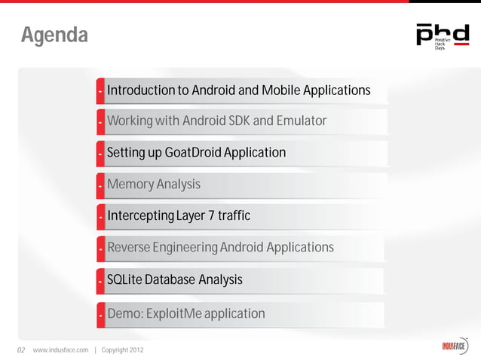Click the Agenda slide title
[x=54, y=35]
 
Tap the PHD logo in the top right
[x=442, y=35]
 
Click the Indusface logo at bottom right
[x=455, y=348]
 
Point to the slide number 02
[x=21, y=350]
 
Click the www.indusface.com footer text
[x=60, y=350]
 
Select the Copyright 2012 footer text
[x=122, y=350]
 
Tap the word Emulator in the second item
[x=301, y=121]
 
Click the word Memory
[x=130, y=185]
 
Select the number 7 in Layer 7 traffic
[x=211, y=217]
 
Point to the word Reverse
[x=128, y=248]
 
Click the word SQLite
[x=124, y=280]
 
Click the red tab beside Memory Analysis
[x=100, y=185]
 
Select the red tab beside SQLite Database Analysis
[x=100, y=281]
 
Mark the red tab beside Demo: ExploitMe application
[x=100, y=314]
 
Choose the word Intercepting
[x=140, y=217]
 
